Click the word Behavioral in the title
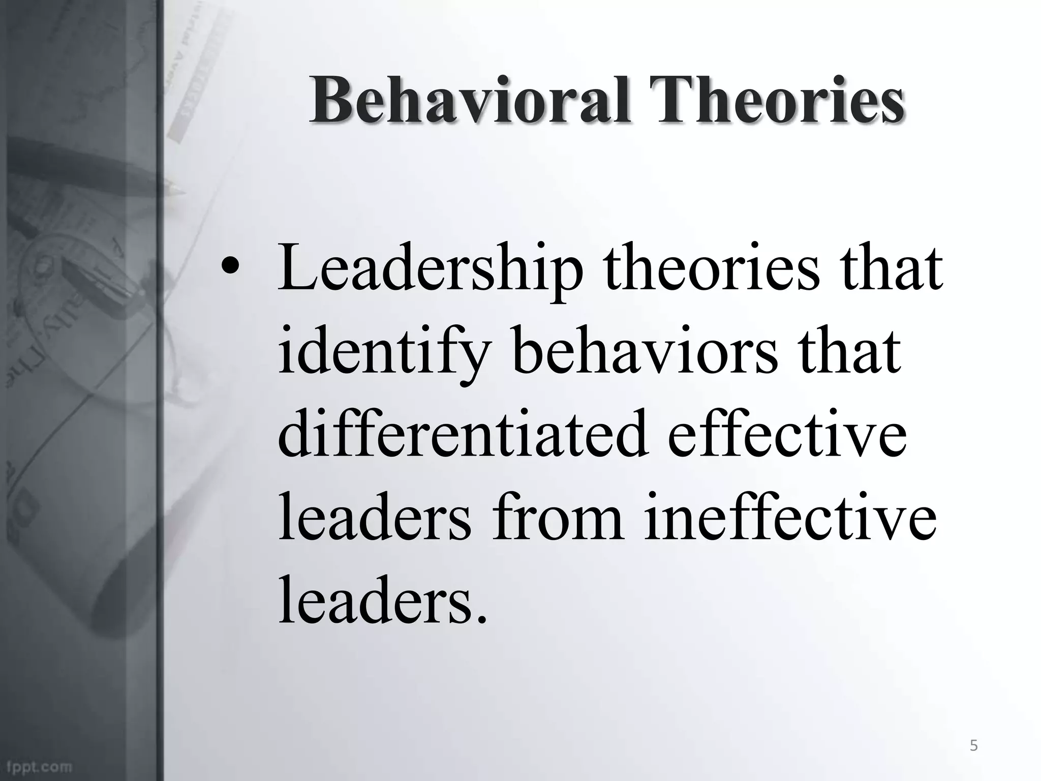[x=470, y=100]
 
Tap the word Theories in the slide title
[x=780, y=100]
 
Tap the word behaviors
[x=646, y=351]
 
